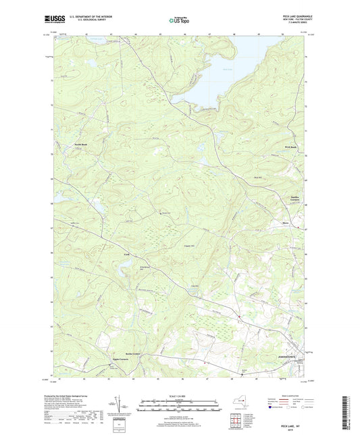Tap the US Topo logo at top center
pyautogui.click(x=179, y=22)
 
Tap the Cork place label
pyautogui.click(x=126, y=255)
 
